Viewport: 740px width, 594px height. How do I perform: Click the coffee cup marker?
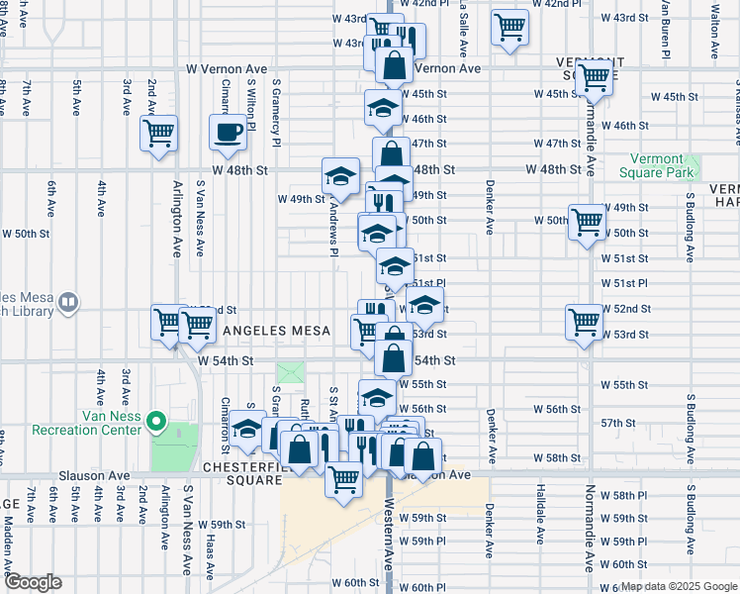[x=228, y=133]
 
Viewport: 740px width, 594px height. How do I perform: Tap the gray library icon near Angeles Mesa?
[x=68, y=302]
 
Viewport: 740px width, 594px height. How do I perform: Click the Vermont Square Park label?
[x=657, y=165]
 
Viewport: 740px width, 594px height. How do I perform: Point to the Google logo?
[x=33, y=582]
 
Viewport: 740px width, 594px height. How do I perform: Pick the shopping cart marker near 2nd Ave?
[x=158, y=133]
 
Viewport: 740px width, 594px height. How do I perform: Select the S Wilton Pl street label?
[x=251, y=107]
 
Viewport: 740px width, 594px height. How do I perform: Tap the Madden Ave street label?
[x=10, y=549]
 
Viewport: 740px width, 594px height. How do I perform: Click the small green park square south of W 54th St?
[x=291, y=374]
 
